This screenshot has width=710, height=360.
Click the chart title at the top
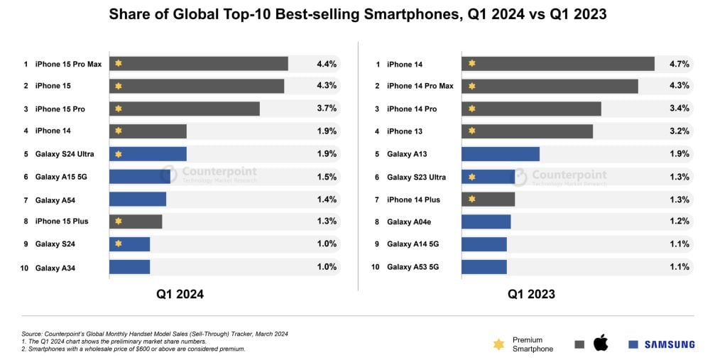[354, 15]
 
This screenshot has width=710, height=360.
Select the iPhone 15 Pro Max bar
[199, 64]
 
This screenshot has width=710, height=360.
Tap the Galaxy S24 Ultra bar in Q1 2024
[148, 154]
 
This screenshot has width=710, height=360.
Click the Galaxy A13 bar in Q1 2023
[501, 154]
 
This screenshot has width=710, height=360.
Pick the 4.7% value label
[679, 64]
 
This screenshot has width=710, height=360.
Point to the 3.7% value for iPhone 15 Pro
[326, 109]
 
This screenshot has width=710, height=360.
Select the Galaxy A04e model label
[409, 222]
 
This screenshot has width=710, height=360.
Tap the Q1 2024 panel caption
[180, 294]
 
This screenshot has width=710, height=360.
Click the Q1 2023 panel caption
[531, 294]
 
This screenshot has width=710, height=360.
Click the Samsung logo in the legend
[662, 344]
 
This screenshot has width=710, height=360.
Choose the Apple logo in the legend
[601, 344]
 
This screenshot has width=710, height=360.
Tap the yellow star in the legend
[498, 344]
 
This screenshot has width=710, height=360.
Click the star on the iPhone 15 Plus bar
[119, 222]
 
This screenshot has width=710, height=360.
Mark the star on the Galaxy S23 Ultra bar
[471, 177]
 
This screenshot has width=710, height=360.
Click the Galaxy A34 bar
[129, 267]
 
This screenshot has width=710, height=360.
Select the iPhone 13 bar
[527, 131]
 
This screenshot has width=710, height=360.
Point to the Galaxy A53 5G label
[411, 267]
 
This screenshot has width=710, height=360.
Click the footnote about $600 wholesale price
[133, 349]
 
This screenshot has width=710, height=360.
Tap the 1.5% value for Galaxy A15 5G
[326, 177]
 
